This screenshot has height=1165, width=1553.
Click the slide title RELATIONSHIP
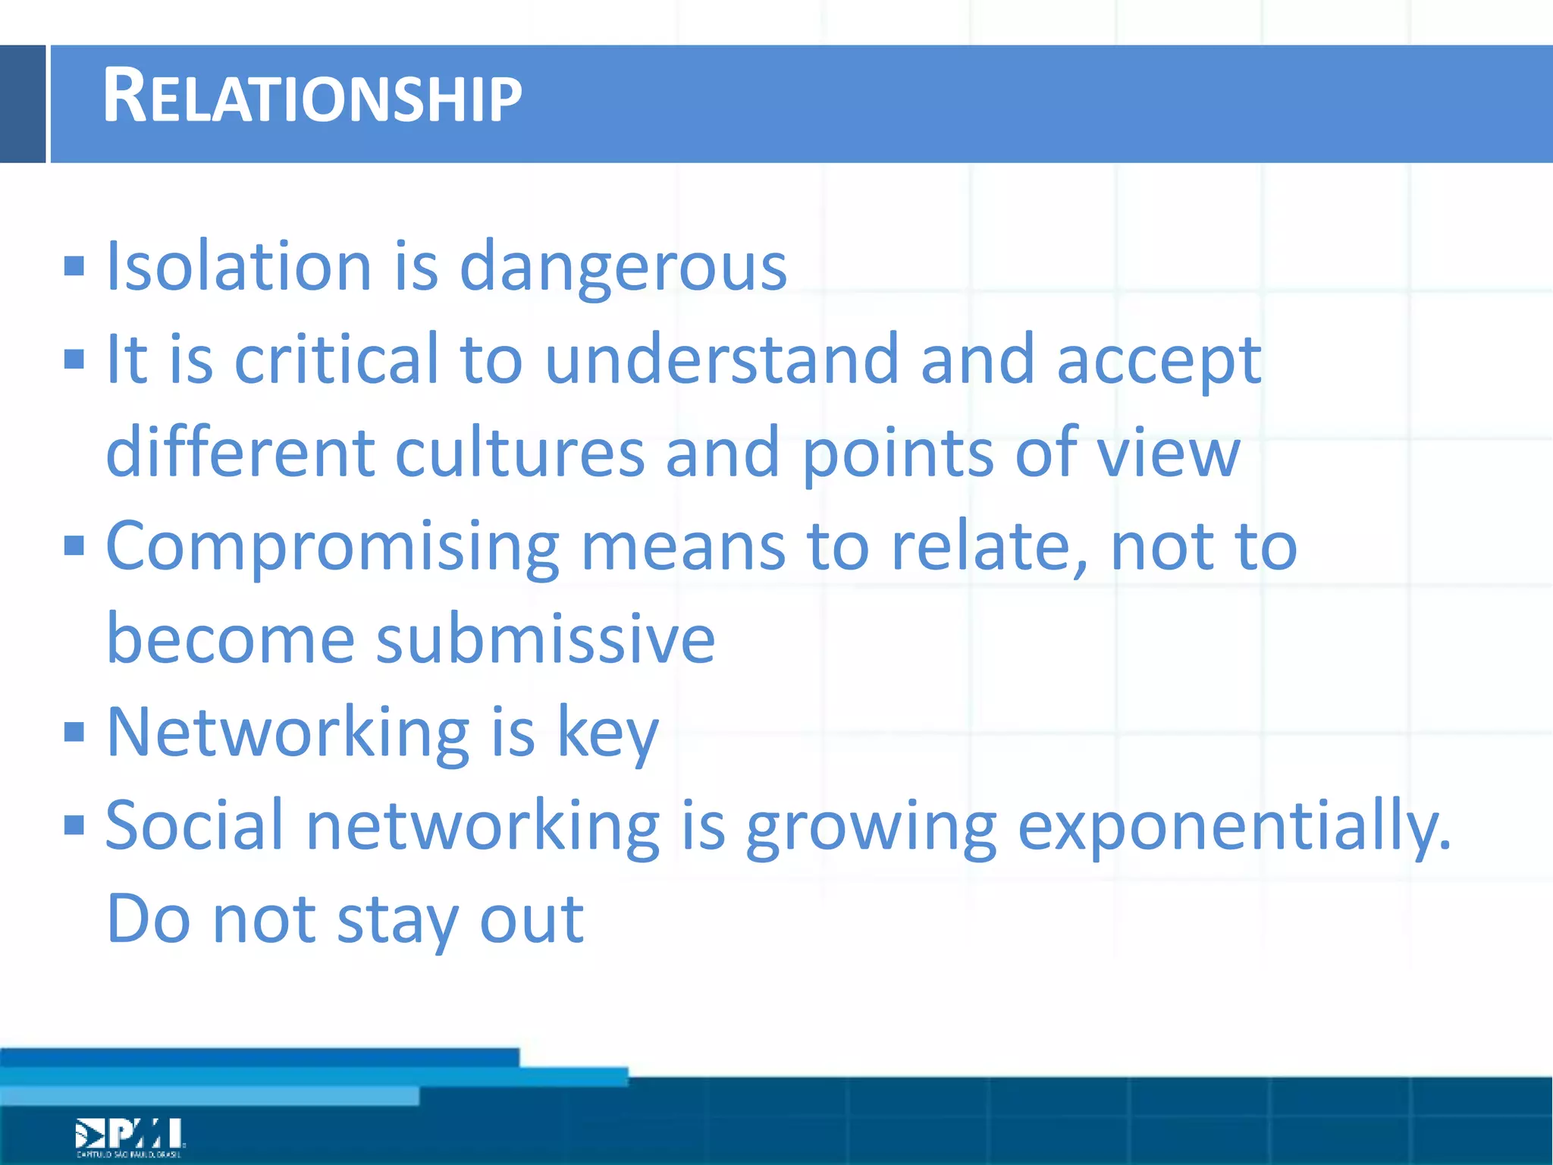click(312, 97)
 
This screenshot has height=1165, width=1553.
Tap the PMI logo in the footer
click(130, 1136)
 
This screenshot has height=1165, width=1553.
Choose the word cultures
click(519, 453)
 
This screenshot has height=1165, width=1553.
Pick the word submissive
click(545, 639)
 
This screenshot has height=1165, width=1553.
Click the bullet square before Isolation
click(74, 266)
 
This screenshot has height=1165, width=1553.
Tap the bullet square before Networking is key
click(74, 732)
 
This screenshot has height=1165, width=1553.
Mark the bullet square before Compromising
click(74, 545)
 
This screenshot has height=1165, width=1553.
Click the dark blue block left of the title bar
click(23, 104)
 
